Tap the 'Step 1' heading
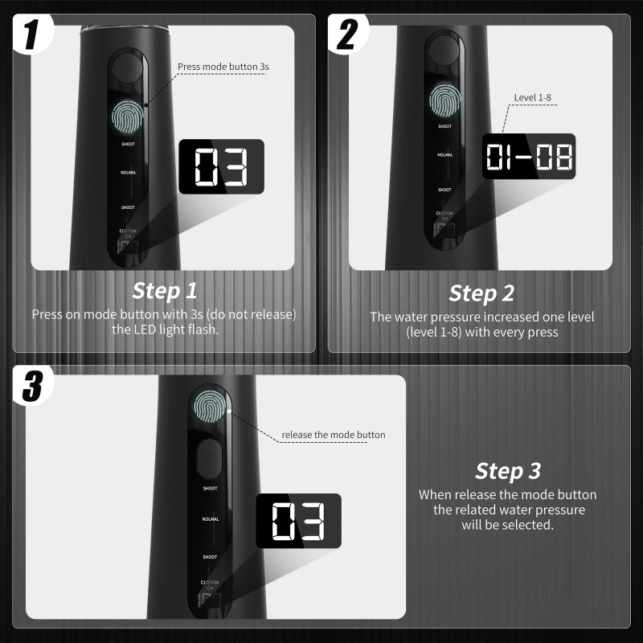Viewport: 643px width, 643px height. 164,290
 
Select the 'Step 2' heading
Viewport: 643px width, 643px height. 481,293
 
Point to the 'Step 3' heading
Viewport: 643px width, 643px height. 507,470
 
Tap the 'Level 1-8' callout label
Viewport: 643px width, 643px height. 532,98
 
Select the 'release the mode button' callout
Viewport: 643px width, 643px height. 334,435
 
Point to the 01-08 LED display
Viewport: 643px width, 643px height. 529,157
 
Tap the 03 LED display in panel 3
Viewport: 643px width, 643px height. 298,522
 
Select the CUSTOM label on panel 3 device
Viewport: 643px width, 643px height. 210,581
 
